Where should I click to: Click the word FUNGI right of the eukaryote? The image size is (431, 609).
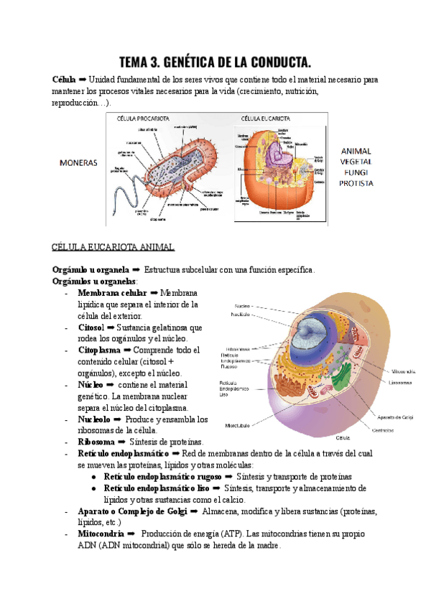[x=356, y=173]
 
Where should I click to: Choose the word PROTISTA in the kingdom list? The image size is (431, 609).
[x=356, y=183]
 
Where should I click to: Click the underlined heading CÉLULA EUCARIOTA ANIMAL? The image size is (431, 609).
[x=113, y=247]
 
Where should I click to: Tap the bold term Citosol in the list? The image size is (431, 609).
[x=91, y=327]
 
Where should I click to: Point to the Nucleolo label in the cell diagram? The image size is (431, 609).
[x=241, y=315]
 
